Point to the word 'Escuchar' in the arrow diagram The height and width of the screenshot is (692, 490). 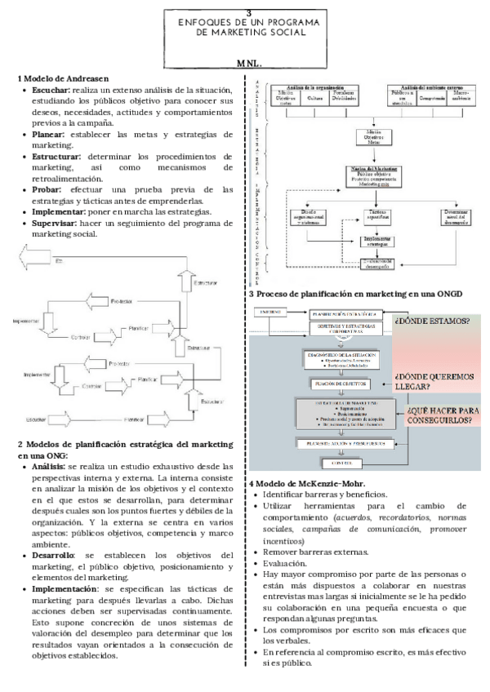(x=34, y=419)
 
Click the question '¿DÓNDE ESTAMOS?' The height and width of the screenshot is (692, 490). (x=432, y=320)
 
